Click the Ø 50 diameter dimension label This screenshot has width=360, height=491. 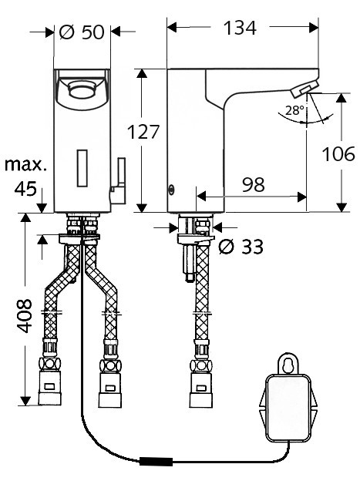pyautogui.click(x=82, y=32)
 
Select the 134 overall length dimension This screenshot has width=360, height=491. pyautogui.click(x=240, y=28)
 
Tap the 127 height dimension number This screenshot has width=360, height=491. pyautogui.click(x=143, y=132)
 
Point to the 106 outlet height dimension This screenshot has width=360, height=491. pyautogui.click(x=338, y=153)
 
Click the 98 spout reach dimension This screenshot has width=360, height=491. pyautogui.click(x=254, y=184)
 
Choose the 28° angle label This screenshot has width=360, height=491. pyautogui.click(x=294, y=110)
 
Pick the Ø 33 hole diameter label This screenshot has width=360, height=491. pyautogui.click(x=241, y=247)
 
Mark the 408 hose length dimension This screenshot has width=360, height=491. pyautogui.click(x=24, y=316)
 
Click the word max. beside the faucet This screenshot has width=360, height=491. pyautogui.click(x=25, y=165)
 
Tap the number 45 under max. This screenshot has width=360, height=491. pyautogui.click(x=25, y=189)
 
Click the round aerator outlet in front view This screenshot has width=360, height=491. pyautogui.click(x=82, y=89)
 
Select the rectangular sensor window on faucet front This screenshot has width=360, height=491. pyautogui.click(x=82, y=168)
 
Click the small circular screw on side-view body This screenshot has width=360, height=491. pyautogui.click(x=171, y=189)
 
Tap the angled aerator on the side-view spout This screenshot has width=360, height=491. pyautogui.click(x=304, y=88)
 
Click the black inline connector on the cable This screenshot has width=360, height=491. pyautogui.click(x=156, y=462)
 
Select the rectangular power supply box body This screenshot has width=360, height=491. pyautogui.click(x=288, y=408)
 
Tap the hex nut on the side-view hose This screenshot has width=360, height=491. pyautogui.click(x=201, y=366)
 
